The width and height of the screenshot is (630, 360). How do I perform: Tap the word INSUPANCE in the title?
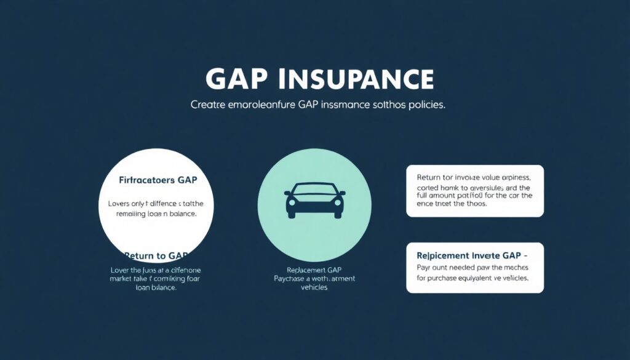(x=357, y=79)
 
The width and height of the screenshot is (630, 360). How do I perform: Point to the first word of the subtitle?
(x=209, y=105)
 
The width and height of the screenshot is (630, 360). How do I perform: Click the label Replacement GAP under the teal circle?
(x=314, y=270)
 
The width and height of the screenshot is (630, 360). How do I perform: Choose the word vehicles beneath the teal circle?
(x=314, y=288)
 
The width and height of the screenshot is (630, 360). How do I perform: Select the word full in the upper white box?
(x=425, y=195)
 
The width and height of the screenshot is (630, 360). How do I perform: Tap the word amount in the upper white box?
(x=450, y=195)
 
